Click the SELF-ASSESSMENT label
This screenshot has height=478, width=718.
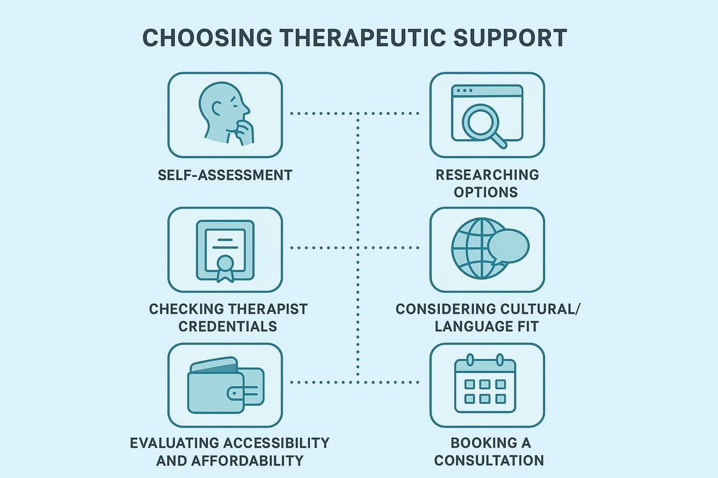tap(224, 175)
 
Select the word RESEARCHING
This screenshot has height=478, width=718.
tap(487, 174)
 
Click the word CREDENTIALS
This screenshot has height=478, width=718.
tap(225, 326)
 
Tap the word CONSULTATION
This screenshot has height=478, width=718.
tap(488, 461)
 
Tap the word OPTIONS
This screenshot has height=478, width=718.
tap(487, 192)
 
